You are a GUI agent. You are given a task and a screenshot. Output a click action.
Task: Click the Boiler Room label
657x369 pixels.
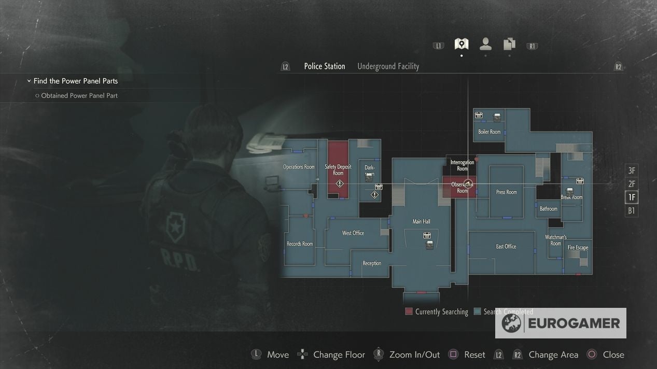click(x=489, y=132)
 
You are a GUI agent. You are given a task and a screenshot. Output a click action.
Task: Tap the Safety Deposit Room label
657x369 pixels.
click(x=338, y=169)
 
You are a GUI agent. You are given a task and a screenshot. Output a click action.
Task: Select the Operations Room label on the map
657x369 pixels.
click(x=299, y=167)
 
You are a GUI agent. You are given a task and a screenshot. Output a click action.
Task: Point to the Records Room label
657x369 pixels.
click(x=300, y=244)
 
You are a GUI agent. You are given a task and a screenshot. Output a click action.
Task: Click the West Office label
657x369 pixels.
click(x=353, y=233)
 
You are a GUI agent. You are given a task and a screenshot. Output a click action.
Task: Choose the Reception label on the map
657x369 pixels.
click(x=372, y=263)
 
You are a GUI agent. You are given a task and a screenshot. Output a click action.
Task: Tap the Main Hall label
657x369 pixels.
click(x=421, y=222)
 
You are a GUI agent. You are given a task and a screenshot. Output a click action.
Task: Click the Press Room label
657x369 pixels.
click(x=506, y=192)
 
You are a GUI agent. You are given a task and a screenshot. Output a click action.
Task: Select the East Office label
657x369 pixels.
click(x=506, y=247)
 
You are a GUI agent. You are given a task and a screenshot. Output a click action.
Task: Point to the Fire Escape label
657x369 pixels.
click(x=578, y=248)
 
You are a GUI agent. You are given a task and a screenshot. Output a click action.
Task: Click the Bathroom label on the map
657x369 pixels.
click(x=548, y=209)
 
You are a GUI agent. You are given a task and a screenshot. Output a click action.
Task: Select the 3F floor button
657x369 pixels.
click(x=631, y=171)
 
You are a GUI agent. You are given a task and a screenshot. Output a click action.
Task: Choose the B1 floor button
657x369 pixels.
click(x=631, y=211)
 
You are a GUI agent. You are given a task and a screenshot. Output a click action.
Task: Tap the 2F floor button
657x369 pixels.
click(x=631, y=184)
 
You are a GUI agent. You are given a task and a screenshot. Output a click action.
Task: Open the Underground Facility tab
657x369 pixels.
click(x=388, y=66)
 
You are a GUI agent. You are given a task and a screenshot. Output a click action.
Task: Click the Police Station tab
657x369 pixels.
click(x=325, y=66)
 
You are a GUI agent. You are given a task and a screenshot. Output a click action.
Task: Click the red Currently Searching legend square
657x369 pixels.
click(x=409, y=311)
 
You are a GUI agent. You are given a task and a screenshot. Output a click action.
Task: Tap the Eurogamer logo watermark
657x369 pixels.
click(x=561, y=323)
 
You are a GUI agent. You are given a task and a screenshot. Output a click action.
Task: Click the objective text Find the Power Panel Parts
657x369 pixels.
click(x=76, y=81)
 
